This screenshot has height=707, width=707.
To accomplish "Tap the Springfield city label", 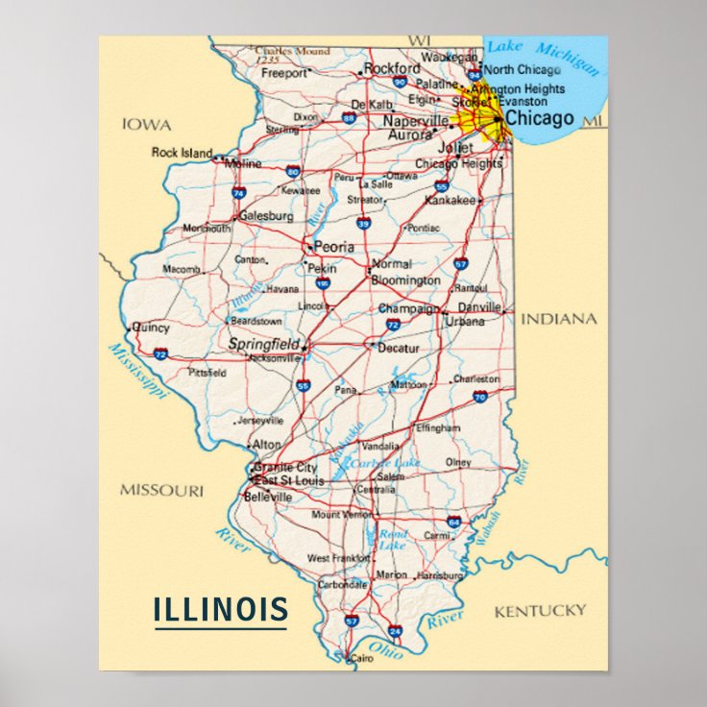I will pyautogui.click(x=263, y=344).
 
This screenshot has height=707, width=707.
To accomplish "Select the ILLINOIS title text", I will pyautogui.click(x=221, y=609).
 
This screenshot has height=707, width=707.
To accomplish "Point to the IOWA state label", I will pyautogui.click(x=147, y=125).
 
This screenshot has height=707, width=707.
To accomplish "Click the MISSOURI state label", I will pyautogui.click(x=161, y=490).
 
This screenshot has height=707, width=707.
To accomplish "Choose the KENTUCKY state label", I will pyautogui.click(x=540, y=611).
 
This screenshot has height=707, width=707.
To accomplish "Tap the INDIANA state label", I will pyautogui.click(x=559, y=319).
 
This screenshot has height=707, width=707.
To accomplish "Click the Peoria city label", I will pyautogui.click(x=333, y=247).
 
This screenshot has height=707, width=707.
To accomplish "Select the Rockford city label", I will pyautogui.click(x=392, y=68).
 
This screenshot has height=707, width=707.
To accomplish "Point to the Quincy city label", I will pyautogui.click(x=151, y=328).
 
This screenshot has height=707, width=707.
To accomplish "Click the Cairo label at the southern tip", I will pyautogui.click(x=361, y=658).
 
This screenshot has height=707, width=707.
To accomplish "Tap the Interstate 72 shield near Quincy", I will pyautogui.click(x=160, y=354).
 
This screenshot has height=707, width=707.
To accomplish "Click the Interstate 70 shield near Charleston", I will pyautogui.click(x=479, y=396).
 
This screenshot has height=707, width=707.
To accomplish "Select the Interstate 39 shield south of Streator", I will pyautogui.click(x=363, y=223).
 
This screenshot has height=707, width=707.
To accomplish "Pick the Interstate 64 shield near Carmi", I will pyautogui.click(x=453, y=522).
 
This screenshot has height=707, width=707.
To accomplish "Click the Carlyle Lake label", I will pyautogui.click(x=385, y=462).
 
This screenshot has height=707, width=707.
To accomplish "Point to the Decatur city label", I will pyautogui.click(x=399, y=348).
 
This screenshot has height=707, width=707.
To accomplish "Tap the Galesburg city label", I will pyautogui.click(x=266, y=216).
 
